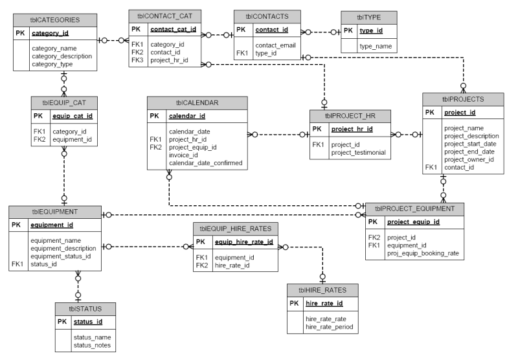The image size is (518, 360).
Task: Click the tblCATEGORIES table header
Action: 55,19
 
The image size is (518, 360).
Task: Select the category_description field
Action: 62,56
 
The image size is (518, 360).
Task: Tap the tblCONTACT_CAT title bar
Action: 165,14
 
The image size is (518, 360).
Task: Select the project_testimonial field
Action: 358,153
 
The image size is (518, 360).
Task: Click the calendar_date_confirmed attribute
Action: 205,163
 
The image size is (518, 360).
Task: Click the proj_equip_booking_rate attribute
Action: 423,253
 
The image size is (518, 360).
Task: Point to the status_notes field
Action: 92,345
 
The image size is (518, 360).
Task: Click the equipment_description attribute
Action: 63,248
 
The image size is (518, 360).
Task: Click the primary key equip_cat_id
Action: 72,117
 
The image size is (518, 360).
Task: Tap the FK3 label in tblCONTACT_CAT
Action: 136,60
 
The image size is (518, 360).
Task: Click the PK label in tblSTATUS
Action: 62,321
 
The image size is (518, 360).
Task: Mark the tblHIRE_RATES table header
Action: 322,291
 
